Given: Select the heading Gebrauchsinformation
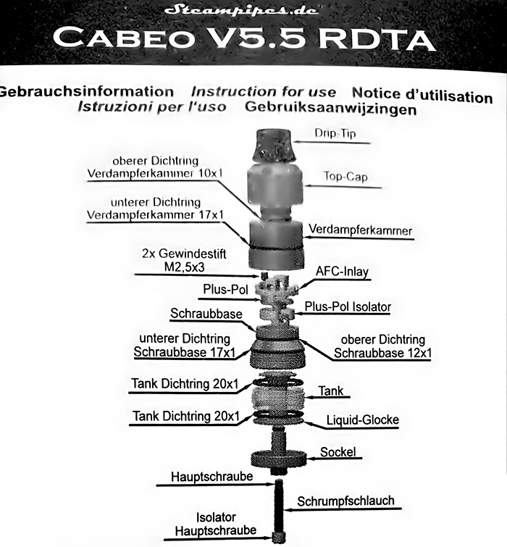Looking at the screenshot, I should [x=86, y=92].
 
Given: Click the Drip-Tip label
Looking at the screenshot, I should [x=335, y=133].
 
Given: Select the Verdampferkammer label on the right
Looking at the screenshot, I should [x=360, y=230].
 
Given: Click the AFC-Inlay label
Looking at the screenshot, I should [x=342, y=272].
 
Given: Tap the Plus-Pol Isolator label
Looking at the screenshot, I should [x=348, y=307].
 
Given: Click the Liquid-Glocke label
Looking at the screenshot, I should [x=362, y=419].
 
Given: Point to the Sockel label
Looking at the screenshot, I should [x=338, y=452].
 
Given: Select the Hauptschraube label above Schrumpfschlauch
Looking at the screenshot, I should [x=211, y=477].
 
